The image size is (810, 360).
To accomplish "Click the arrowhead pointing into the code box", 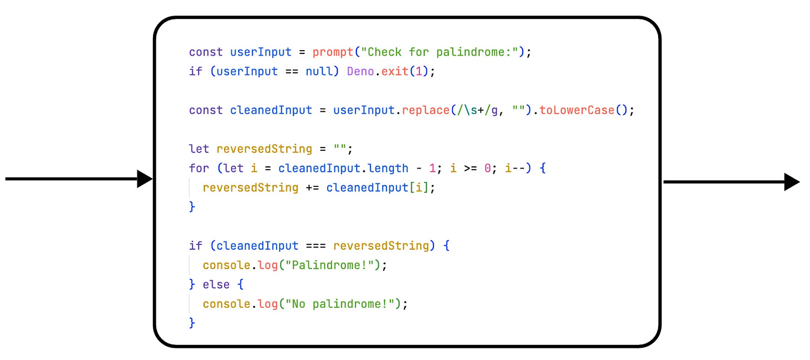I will point(145,179).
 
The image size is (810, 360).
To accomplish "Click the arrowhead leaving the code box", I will point(792,182).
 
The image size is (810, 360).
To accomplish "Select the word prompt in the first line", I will point(333,52).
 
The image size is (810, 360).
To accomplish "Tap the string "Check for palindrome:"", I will point(440,52).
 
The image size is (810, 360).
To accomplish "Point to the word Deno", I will point(360,72).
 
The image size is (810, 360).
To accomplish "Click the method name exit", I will point(394,72).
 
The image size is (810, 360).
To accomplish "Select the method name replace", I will point(425,110).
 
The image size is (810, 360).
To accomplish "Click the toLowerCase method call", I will point(577,110).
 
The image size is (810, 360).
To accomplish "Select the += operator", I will point(312,188).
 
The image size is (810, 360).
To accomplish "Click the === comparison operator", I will point(315,246).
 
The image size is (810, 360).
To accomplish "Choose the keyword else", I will point(216,284).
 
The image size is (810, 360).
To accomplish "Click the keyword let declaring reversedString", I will point(199,149).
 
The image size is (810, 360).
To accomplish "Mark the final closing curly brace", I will point(192,323).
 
